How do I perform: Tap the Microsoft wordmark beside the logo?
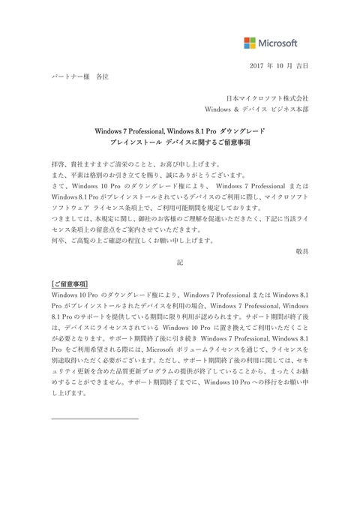(278, 43)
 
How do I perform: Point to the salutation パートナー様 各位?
(79, 77)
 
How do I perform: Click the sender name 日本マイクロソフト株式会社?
(268, 98)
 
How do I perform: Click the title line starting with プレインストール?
(179, 142)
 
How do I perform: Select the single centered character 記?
(179, 264)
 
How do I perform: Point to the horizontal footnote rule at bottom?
(94, 418)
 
